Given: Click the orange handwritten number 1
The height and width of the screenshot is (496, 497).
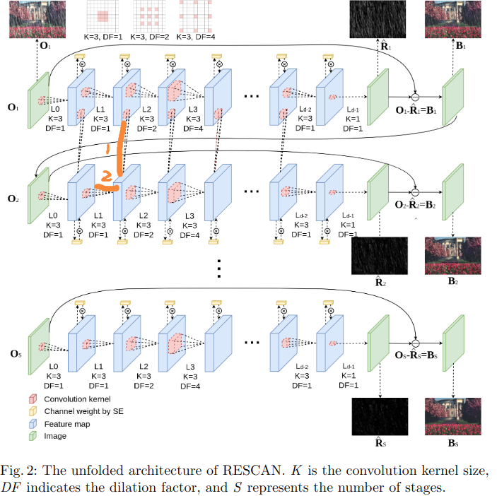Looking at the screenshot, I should pyautogui.click(x=107, y=150).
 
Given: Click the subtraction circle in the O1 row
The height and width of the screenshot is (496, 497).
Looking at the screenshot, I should pyautogui.click(x=416, y=97).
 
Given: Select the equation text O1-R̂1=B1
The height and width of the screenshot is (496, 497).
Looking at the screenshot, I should pyautogui.click(x=415, y=111).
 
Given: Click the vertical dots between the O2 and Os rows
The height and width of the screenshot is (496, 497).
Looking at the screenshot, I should pyautogui.click(x=220, y=270).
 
